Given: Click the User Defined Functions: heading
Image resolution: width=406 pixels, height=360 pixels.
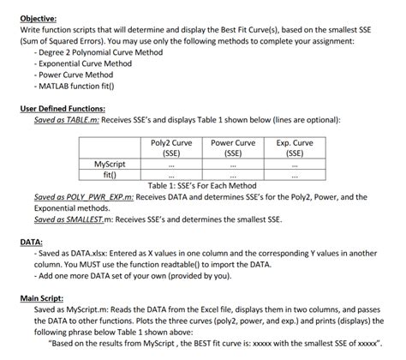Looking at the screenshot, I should [x=63, y=109].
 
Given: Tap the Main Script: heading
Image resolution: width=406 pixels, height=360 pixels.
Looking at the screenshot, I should [x=45, y=297].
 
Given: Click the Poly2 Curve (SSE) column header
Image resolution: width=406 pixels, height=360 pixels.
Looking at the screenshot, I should [x=170, y=147].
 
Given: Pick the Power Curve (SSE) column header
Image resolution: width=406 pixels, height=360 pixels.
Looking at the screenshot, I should [x=233, y=147].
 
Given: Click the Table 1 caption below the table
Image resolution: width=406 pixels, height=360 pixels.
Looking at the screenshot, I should [x=201, y=185].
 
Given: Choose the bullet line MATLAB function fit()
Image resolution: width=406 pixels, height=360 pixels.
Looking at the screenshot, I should [x=80, y=87].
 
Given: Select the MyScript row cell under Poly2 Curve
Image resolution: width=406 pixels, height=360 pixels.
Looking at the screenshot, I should [x=170, y=163].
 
